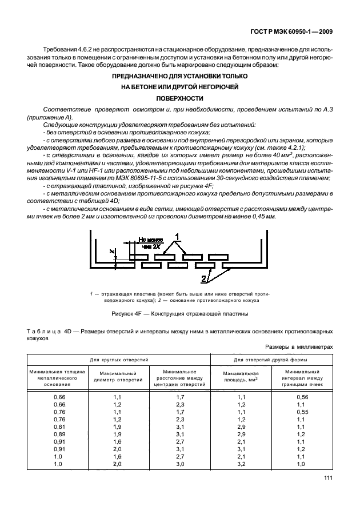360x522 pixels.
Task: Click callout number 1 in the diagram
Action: coord(178,236)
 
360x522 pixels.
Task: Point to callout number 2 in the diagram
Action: coord(203,279)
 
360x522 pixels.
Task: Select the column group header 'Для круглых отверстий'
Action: coord(118,360)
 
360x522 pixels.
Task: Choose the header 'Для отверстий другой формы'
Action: coord(272,360)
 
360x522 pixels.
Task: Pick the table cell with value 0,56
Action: coord(303,396)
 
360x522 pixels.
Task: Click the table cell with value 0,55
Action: coord(303,411)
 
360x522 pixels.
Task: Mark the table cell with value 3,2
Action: coord(241,463)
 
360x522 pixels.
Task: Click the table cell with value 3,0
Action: coord(179,463)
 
